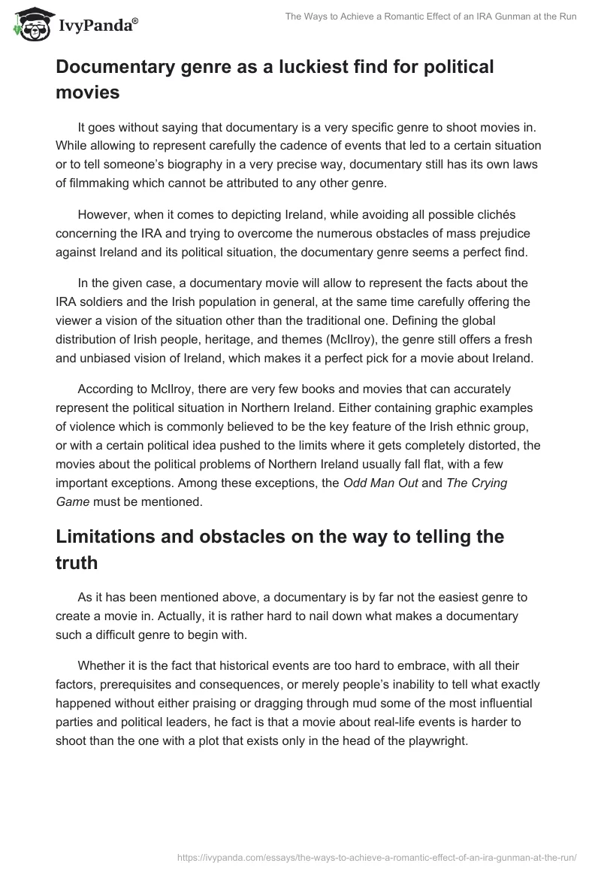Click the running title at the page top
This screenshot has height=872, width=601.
[430, 17]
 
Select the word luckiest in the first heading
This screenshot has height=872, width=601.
[317, 67]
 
